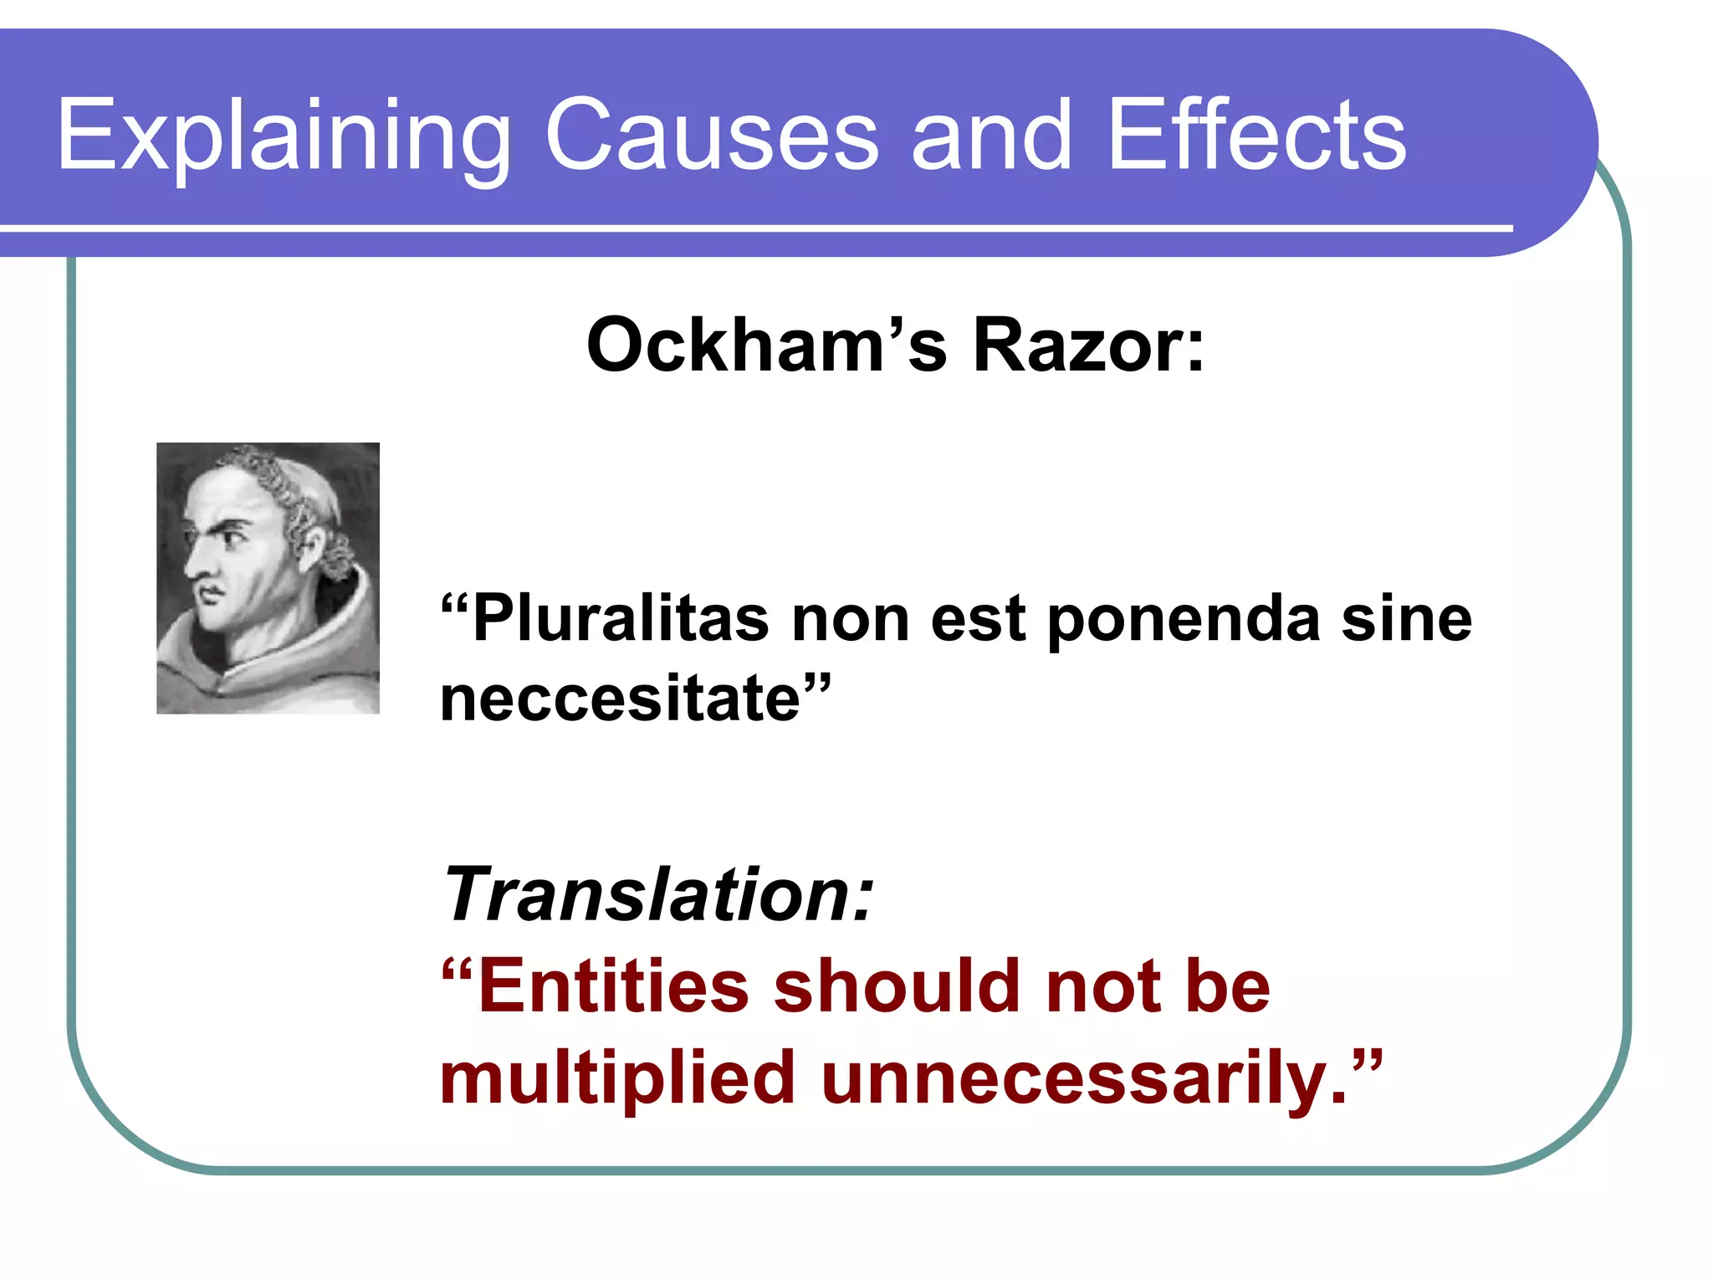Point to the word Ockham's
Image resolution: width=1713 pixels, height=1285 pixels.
click(766, 346)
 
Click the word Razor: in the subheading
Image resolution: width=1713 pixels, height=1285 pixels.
click(1088, 346)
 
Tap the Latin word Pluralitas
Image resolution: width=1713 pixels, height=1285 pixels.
click(619, 619)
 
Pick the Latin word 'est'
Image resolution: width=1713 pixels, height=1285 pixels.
click(978, 619)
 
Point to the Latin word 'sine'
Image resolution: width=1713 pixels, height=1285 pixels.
click(1406, 619)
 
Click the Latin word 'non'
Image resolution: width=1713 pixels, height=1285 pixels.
click(850, 619)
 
